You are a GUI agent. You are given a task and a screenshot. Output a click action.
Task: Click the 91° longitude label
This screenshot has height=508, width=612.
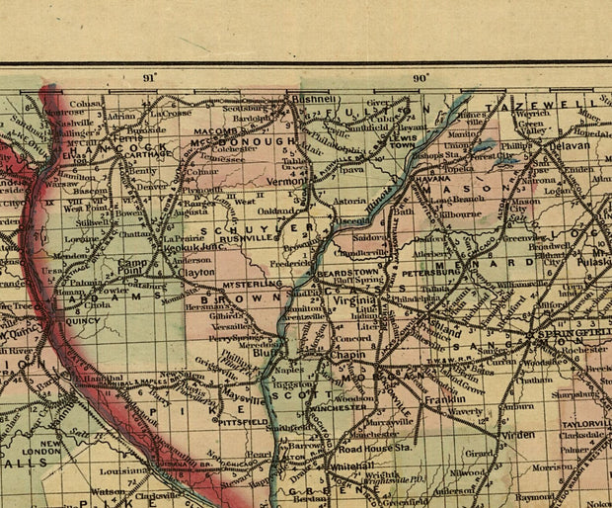coord(149,77)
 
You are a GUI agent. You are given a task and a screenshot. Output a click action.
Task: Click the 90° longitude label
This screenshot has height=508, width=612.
coord(421,77)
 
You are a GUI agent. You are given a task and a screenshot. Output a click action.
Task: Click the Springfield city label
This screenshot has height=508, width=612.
coord(566,336)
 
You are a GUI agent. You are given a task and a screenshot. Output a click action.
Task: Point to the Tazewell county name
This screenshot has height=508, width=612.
coord(556,104)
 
